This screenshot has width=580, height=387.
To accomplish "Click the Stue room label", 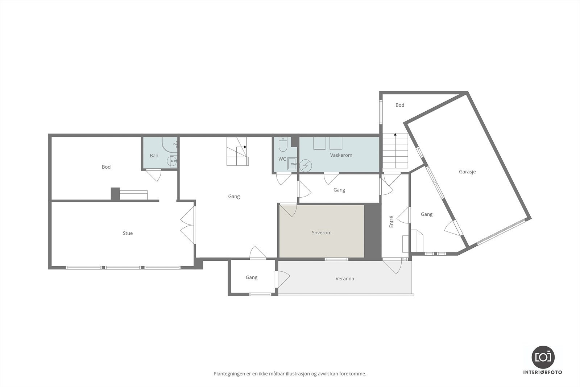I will click(x=128, y=233).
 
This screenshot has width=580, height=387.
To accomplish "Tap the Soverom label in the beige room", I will click(x=322, y=232).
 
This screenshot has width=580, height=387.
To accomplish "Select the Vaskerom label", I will click(x=341, y=155).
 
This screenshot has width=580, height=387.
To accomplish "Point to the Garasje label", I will click(x=467, y=172).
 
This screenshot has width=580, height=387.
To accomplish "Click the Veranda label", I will click(x=345, y=279).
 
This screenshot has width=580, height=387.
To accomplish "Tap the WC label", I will click(x=282, y=159).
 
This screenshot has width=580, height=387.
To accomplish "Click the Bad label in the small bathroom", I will click(x=154, y=156).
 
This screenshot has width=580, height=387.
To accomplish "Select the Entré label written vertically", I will click(x=391, y=222).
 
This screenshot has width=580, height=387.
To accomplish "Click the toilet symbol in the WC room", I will click(x=283, y=144).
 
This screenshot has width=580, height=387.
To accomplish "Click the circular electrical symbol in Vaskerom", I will click(x=306, y=165).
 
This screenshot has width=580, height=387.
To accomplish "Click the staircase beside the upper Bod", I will click(x=395, y=152).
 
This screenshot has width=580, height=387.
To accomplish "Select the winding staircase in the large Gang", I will click(x=237, y=151).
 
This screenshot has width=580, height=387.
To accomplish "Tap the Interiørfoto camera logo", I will click(x=543, y=357).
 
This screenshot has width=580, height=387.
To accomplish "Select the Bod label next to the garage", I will click(x=400, y=105).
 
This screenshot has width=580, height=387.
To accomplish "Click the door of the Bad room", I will click(x=154, y=174).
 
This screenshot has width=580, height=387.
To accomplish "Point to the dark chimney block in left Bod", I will click(x=115, y=194).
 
